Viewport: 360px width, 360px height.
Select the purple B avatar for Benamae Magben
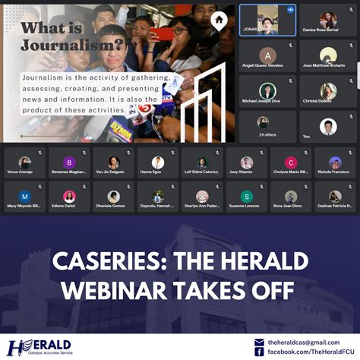(69, 163)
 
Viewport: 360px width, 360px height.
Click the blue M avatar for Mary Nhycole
(25, 196)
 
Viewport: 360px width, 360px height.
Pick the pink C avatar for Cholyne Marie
(291, 163)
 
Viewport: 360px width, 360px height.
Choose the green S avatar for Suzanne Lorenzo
(247, 196)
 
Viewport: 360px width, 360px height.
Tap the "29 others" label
(267, 134)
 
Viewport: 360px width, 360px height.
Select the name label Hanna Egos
(158, 172)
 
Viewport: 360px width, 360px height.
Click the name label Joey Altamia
(247, 172)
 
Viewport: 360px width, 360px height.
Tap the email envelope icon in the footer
(259, 343)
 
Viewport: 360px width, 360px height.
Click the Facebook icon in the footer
(259, 352)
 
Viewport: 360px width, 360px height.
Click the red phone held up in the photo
(162, 33)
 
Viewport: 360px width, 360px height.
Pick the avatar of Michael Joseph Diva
(267, 90)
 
